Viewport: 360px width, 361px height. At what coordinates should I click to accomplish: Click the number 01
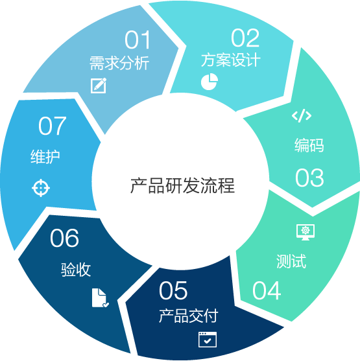[x=138, y=40]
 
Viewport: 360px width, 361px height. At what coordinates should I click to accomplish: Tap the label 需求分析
[x=119, y=63]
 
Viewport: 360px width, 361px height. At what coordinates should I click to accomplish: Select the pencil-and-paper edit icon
[x=99, y=86]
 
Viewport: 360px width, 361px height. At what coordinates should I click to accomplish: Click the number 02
[x=245, y=38]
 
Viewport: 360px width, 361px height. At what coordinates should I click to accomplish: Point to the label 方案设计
[x=231, y=60]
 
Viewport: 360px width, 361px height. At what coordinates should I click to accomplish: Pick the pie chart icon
[x=210, y=82]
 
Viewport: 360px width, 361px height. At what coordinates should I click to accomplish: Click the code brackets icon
[x=302, y=115]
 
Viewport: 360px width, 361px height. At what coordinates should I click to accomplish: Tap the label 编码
[x=309, y=145]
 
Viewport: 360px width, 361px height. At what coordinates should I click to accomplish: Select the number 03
[x=309, y=178]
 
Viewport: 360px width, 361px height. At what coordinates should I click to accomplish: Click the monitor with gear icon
[x=306, y=232]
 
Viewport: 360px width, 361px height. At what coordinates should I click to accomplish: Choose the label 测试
[x=291, y=261]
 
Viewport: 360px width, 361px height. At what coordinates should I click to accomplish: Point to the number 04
[x=267, y=290]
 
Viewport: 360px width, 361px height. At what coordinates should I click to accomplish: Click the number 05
[x=173, y=290]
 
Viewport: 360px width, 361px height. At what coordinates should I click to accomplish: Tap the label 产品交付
[x=189, y=316]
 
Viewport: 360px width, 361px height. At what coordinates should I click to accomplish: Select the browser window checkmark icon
[x=208, y=340]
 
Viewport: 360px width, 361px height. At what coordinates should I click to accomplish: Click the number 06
[x=64, y=238]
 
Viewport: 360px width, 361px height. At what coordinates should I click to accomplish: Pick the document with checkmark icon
[x=100, y=297]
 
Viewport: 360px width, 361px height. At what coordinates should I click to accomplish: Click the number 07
[x=53, y=126]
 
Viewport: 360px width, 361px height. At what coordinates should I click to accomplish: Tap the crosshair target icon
[x=41, y=188]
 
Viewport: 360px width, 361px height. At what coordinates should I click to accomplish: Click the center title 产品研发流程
[x=182, y=185]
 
